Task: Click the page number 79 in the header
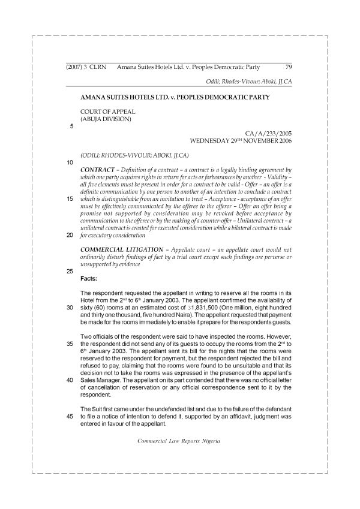pos(288,67)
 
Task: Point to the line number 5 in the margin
pos(72,127)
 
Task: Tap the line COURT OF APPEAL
pos(107,111)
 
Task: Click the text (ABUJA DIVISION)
pos(105,118)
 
